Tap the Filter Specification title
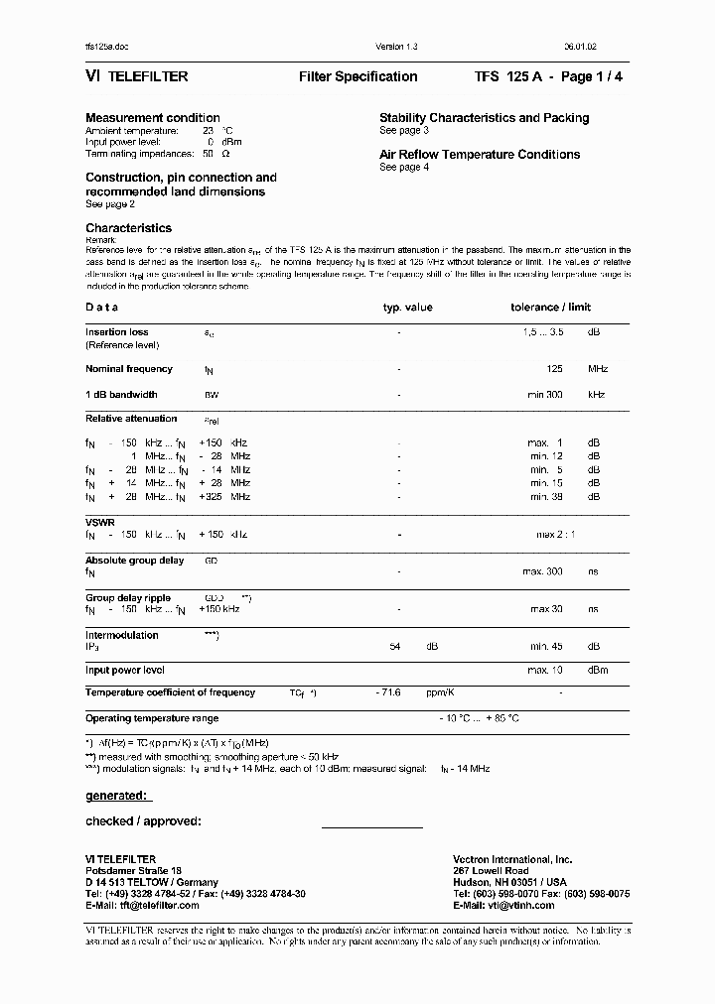(357, 76)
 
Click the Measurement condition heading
(153, 118)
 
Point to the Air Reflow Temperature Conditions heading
(480, 155)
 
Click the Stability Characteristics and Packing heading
(484, 118)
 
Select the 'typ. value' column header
(407, 308)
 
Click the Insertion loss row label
(117, 332)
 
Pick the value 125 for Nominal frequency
(554, 369)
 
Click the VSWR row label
(99, 521)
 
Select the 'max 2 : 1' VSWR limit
(555, 535)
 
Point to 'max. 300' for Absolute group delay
(543, 572)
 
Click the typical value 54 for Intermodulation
(394, 647)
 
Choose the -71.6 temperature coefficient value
(388, 692)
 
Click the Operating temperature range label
(152, 718)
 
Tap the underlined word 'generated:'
(117, 796)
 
